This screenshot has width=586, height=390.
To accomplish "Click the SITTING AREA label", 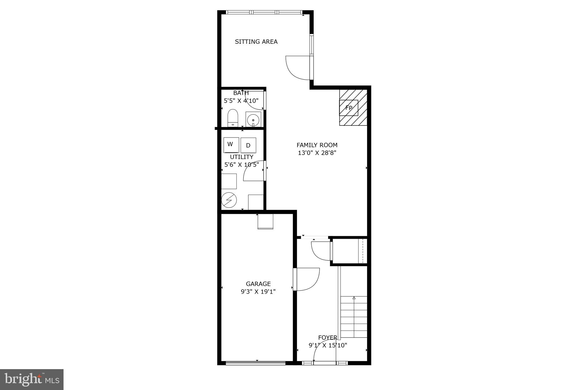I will click(256, 42).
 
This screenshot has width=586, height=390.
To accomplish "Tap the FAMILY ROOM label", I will click(317, 145).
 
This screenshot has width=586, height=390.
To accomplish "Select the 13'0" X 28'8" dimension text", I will click(317, 153).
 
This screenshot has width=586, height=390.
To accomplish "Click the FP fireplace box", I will click(349, 108).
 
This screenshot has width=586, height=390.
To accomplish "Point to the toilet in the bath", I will click(233, 118).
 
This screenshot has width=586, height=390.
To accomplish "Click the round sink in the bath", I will click(253, 120).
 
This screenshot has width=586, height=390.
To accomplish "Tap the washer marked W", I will click(231, 145).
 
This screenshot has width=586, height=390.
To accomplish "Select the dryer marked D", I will click(248, 145).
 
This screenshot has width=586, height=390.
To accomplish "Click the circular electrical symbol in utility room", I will click(229, 200).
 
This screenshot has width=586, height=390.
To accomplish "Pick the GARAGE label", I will click(258, 284).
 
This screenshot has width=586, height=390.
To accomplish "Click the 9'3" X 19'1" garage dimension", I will click(258, 292).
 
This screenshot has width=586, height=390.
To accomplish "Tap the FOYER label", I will click(328, 338).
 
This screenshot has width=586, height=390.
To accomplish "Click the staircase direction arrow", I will click(354, 298).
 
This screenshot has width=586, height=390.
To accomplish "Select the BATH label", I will click(241, 93).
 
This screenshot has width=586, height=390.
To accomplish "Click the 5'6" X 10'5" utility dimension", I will click(241, 165).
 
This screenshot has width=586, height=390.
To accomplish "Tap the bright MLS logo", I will click(32, 379).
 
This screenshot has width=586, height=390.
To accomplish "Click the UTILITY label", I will click(241, 157).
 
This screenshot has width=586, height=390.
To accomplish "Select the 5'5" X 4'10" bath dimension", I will click(241, 101).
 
